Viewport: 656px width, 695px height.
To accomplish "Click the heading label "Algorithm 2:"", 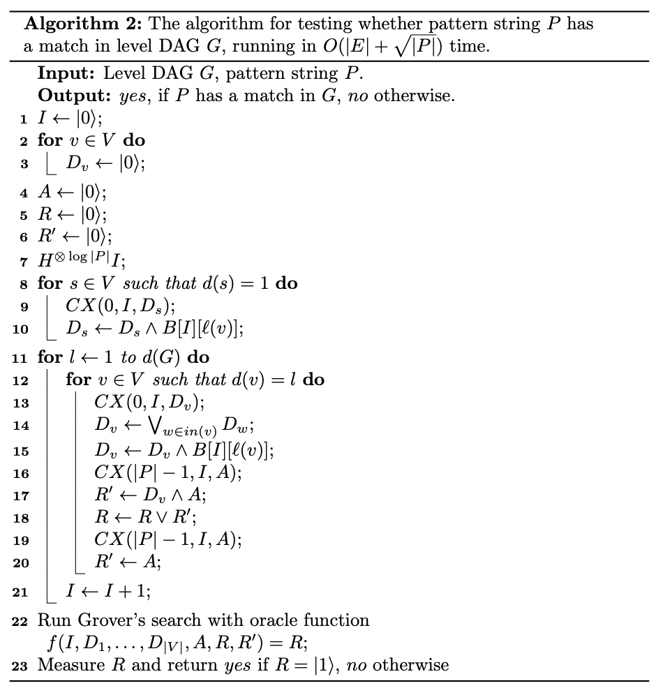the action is (83, 24).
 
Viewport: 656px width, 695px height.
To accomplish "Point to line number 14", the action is (20, 426).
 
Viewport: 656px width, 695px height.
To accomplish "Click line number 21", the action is (20, 592).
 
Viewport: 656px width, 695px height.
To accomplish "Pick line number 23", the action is (20, 666).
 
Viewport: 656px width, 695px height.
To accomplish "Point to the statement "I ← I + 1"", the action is (108, 592).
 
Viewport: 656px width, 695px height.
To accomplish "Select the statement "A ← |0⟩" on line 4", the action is (71, 192).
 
